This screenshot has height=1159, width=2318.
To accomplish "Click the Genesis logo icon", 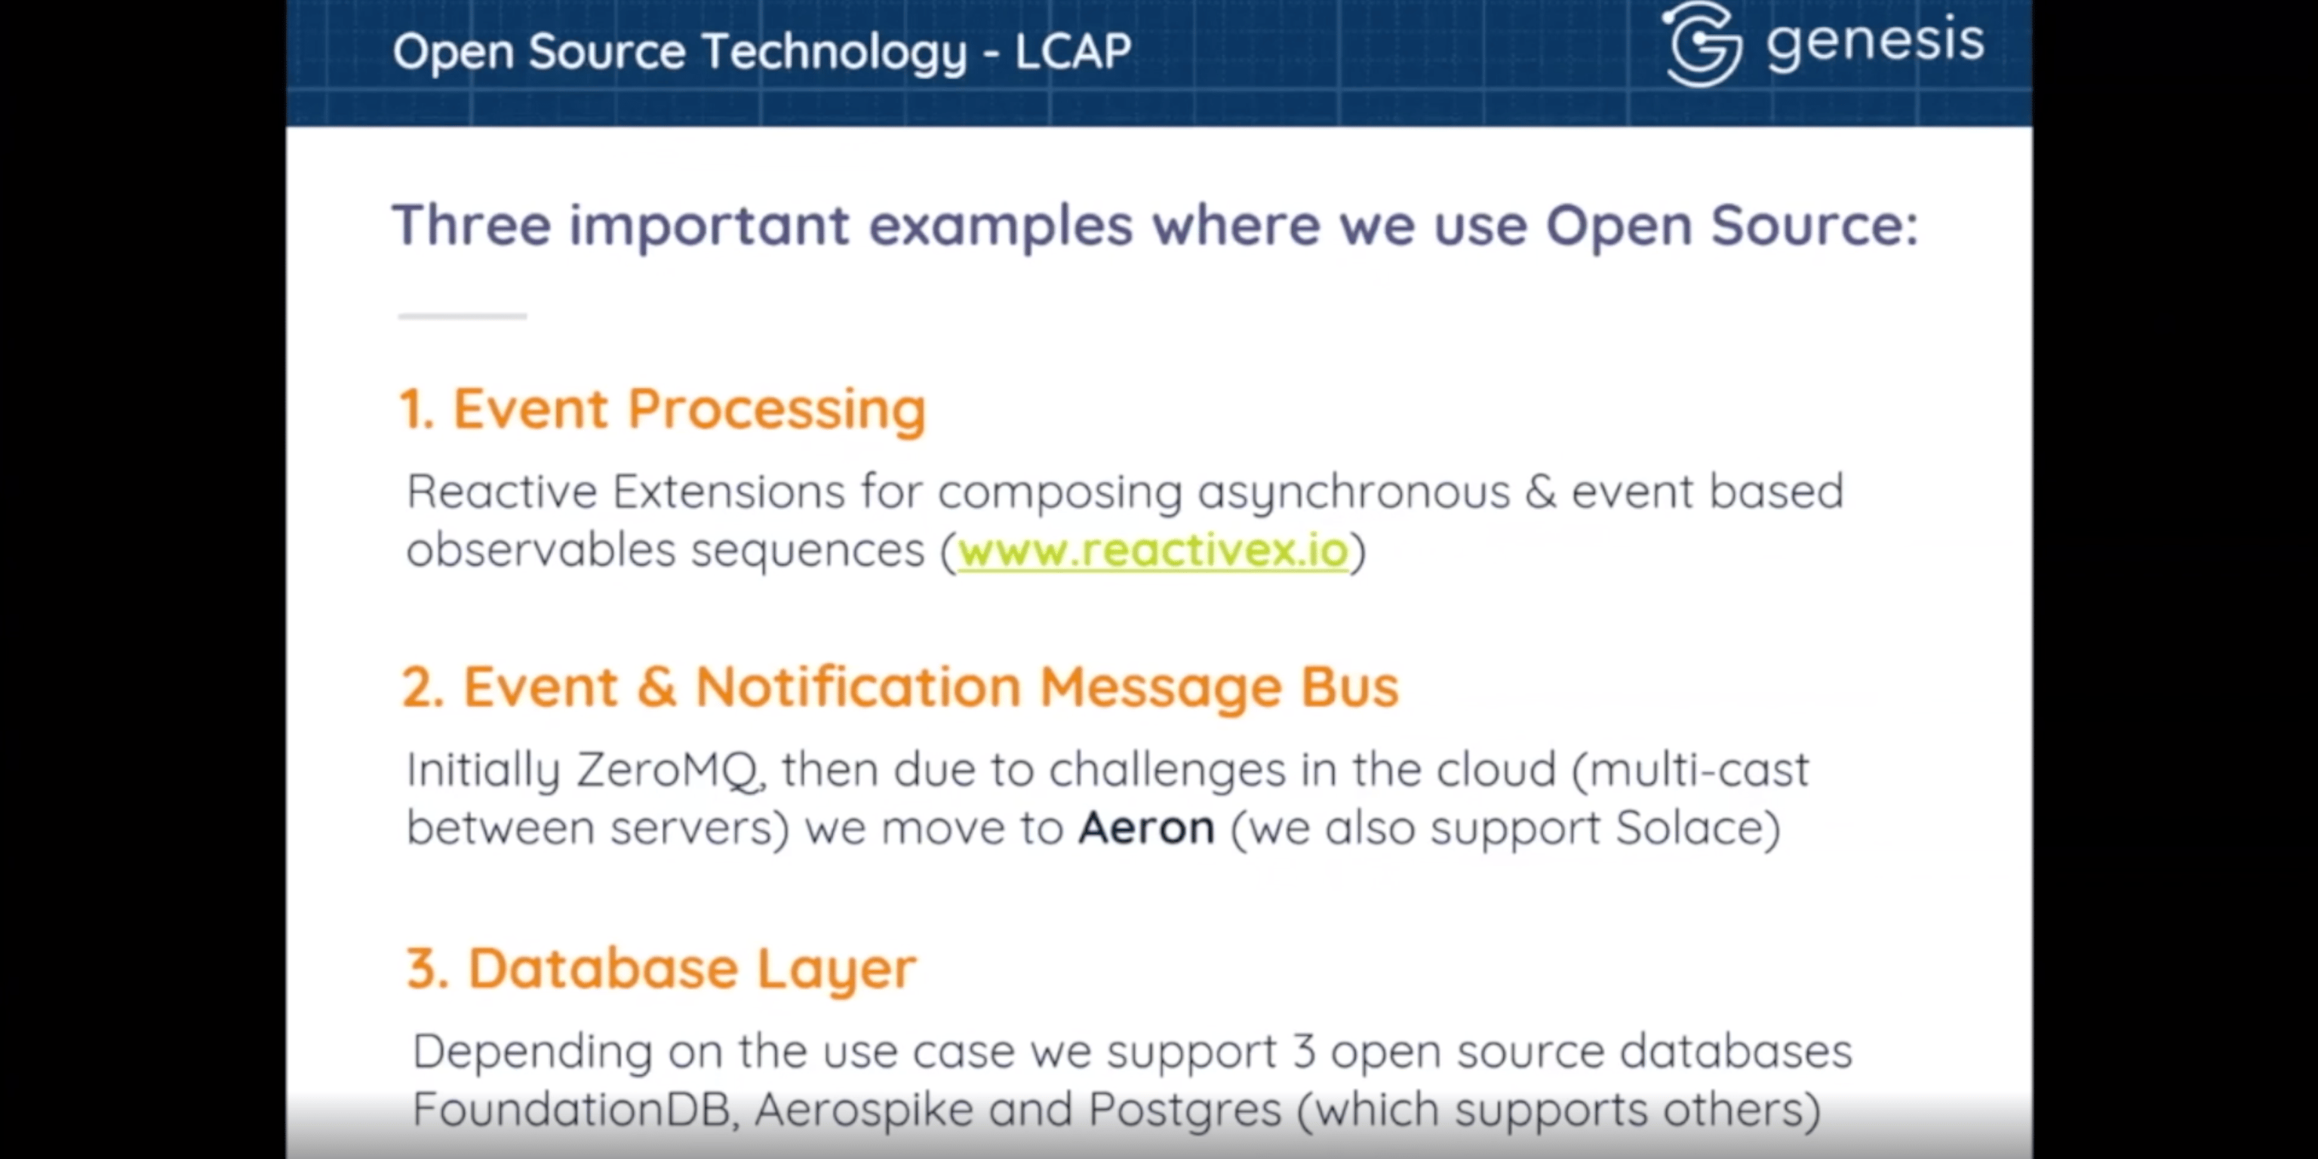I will [x=1702, y=45].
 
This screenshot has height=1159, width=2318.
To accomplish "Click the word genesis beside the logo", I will [x=1874, y=42].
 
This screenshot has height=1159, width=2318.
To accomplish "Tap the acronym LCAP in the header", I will [x=1073, y=51].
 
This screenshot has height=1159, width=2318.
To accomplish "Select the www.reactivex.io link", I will [x=1153, y=551].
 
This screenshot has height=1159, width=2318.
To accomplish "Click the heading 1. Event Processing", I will [x=663, y=410].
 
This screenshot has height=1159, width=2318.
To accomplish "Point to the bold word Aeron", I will [x=1146, y=828].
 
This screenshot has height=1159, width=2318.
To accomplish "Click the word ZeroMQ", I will [x=669, y=770].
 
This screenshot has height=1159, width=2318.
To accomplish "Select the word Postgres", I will [x=1184, y=1109].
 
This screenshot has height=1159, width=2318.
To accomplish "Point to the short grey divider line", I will [x=463, y=316].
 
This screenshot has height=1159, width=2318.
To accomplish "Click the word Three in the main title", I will [x=471, y=225].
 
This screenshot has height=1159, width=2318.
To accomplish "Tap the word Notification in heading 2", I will [x=857, y=688].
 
